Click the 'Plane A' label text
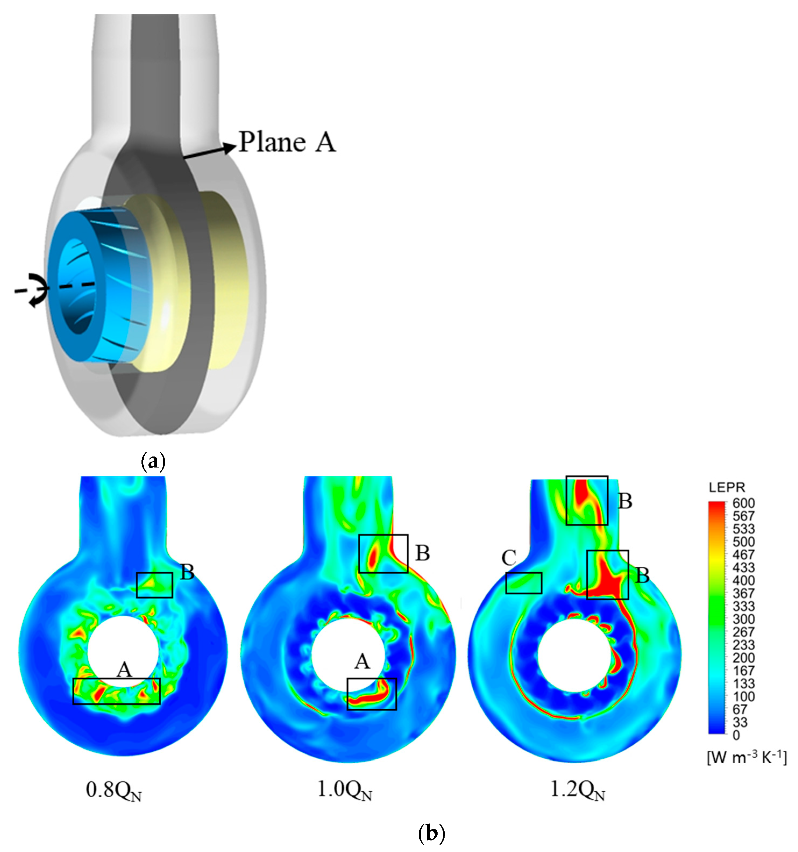click(287, 142)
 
